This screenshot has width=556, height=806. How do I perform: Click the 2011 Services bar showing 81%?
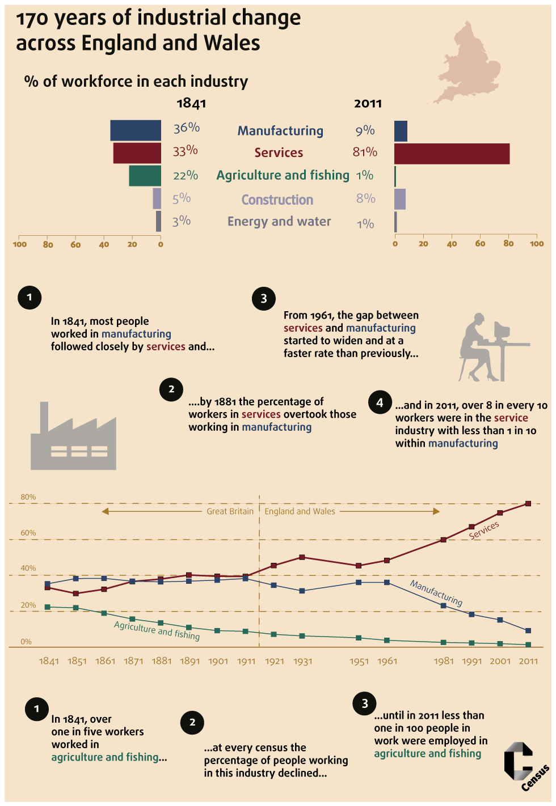click(x=452, y=154)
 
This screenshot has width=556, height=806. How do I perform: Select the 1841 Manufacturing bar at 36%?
click(x=136, y=130)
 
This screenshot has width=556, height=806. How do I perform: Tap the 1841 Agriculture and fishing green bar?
click(x=145, y=176)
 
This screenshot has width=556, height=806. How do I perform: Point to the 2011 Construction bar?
click(x=400, y=200)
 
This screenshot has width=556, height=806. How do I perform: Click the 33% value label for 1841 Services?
click(x=186, y=151)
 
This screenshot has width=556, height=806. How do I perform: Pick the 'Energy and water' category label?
click(x=279, y=222)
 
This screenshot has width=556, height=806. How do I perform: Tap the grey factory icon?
click(x=73, y=439)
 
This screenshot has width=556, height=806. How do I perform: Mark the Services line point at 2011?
click(x=528, y=503)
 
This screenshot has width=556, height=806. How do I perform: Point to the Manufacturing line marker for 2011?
click(x=528, y=630)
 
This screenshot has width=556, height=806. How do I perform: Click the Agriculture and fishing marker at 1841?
click(x=48, y=607)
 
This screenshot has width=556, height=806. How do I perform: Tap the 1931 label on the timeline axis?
click(x=302, y=661)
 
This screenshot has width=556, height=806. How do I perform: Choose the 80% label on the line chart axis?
click(x=28, y=497)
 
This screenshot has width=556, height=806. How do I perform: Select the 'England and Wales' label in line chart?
click(x=300, y=511)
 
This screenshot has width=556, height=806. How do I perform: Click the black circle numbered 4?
click(x=380, y=402)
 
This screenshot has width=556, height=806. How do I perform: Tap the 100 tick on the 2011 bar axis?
click(x=536, y=244)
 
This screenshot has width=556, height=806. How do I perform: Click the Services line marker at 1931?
click(x=302, y=557)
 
